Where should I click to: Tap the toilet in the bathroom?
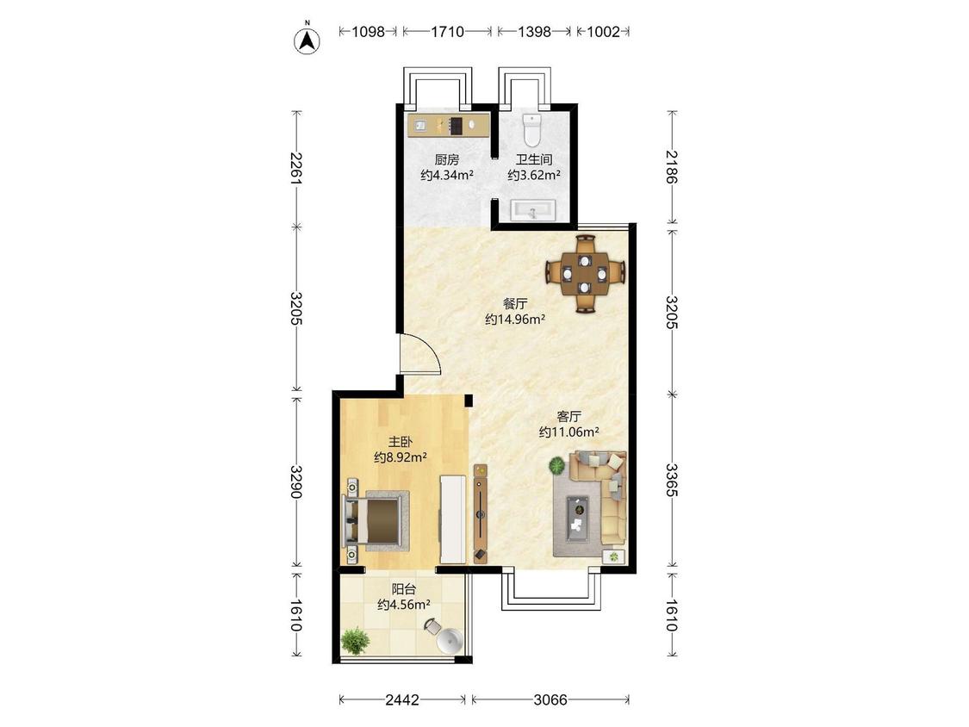click(531, 128)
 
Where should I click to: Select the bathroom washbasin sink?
click(534, 210)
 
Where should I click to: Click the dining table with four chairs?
click(585, 273)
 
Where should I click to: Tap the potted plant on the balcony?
click(354, 641)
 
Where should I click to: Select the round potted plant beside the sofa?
click(557, 465)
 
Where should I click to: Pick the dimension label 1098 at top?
click(369, 32)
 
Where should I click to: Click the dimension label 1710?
click(447, 32)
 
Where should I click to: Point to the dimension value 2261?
click(296, 169)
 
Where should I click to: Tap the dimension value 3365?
click(672, 481)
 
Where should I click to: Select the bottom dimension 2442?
click(402, 699)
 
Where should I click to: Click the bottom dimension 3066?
click(550, 699)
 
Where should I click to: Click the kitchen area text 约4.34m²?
click(447, 175)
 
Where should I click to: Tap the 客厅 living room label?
click(568, 417)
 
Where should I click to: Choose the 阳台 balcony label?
click(404, 589)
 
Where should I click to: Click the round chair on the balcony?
click(446, 637)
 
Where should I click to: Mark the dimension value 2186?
click(672, 167)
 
